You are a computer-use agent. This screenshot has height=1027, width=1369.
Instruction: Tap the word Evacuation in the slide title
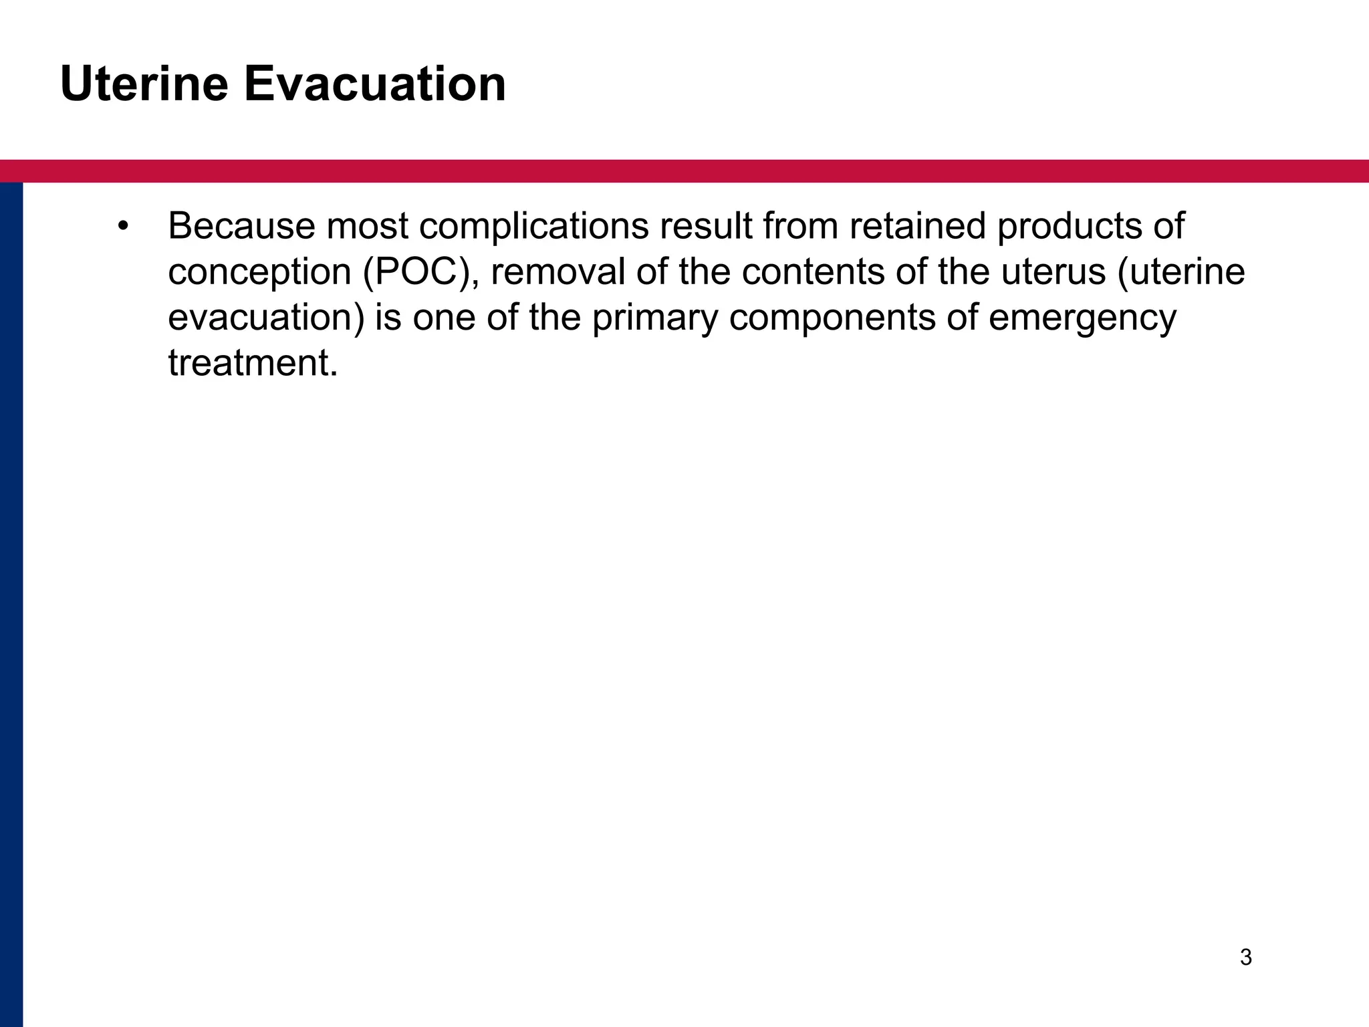[x=374, y=84]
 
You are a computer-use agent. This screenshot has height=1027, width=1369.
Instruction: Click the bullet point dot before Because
[x=122, y=226]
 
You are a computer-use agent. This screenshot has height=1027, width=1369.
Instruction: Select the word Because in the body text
[x=241, y=226]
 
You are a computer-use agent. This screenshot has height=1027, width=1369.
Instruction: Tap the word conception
[x=260, y=272]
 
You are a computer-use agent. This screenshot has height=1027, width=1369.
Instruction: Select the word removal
[x=557, y=272]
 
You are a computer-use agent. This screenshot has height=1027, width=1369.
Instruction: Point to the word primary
[x=655, y=318]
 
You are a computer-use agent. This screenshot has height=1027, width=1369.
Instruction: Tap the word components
[x=833, y=318]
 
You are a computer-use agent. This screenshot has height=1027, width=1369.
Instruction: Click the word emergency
[x=1082, y=318]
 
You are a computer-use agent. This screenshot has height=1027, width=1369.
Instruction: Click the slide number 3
[x=1246, y=957]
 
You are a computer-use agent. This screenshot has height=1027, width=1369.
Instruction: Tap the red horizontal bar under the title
[x=684, y=171]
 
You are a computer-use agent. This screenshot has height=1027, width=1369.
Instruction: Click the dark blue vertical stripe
[x=11, y=602]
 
